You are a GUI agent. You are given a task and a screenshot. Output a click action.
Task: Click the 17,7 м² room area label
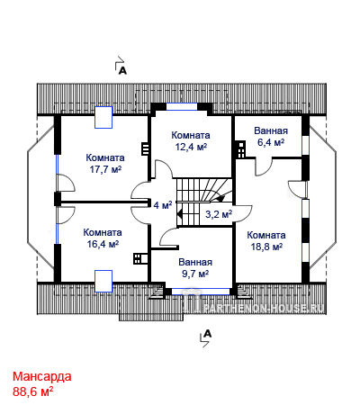tap(105, 164)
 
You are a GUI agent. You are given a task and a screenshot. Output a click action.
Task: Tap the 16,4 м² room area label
tap(103, 238)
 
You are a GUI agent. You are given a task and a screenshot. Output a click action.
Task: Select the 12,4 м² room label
tap(191, 140)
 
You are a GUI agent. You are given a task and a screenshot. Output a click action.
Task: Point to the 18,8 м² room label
tap(266, 241)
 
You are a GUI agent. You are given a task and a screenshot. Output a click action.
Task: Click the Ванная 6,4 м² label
tap(271, 137)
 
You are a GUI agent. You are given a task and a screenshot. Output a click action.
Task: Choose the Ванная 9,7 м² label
tap(195, 268)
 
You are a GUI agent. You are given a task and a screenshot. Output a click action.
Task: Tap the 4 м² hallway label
tap(163, 205)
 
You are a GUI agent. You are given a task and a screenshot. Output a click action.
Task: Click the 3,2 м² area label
tap(219, 214)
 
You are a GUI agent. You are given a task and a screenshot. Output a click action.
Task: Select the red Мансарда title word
tap(42, 376)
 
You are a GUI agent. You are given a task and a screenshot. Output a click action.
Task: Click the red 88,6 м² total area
tap(33, 391)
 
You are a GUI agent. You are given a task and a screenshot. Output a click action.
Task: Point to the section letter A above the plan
tap(122, 71)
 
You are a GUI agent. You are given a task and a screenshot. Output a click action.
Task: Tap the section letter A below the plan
tap(208, 334)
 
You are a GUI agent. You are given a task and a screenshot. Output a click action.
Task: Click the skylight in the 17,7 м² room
tap(103, 117)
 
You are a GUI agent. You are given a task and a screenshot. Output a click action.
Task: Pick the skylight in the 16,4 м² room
tap(103, 281)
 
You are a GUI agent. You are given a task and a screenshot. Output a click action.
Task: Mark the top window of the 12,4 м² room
tap(182, 107)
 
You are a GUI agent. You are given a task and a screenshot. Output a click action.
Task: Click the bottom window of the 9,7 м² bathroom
tap(201, 292)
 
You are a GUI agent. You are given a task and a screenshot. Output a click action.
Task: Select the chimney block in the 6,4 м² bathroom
tap(240, 149)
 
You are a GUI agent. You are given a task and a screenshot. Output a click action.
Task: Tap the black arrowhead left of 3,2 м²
tap(180, 214)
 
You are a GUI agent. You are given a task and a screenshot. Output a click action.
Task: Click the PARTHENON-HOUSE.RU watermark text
tap(264, 308)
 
